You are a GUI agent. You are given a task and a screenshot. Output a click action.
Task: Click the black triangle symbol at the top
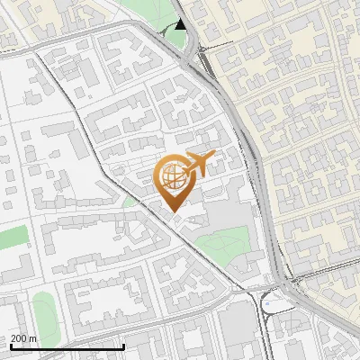point(181,24)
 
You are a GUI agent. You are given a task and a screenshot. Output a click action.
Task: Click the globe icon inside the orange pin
point(175,177)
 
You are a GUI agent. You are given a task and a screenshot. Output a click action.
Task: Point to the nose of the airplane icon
point(213,158)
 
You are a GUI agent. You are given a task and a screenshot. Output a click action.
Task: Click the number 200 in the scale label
point(19,339)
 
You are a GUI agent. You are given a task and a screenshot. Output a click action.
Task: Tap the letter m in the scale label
point(33,339)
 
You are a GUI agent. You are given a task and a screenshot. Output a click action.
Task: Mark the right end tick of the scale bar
point(123,346)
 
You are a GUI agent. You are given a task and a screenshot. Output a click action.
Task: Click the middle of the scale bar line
point(67,347)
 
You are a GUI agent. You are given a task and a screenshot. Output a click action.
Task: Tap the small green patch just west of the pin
point(131,201)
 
